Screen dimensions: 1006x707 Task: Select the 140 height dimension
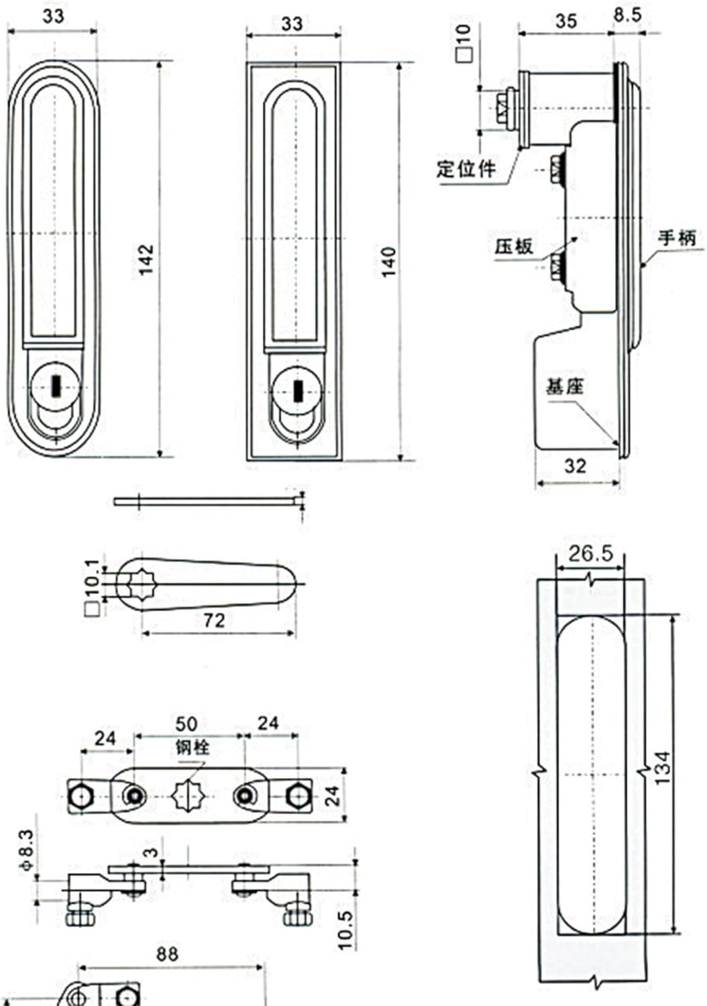pyautogui.click(x=388, y=262)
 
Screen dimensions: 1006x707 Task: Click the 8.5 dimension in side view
pyautogui.click(x=627, y=15)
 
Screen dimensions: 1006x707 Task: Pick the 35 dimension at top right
pyautogui.click(x=565, y=21)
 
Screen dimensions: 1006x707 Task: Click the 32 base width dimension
pyautogui.click(x=575, y=466)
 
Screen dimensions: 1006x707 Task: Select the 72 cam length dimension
pyautogui.click(x=213, y=620)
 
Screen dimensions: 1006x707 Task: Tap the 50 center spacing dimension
pyautogui.click(x=186, y=724)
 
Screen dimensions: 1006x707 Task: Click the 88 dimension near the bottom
pyautogui.click(x=167, y=954)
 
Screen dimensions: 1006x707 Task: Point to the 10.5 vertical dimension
pyautogui.click(x=345, y=930)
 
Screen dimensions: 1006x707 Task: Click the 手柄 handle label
pyautogui.click(x=676, y=238)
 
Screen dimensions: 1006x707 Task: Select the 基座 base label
pyautogui.click(x=564, y=387)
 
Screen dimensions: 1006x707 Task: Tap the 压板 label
pyautogui.click(x=514, y=247)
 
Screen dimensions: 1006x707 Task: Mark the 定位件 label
pyautogui.click(x=466, y=168)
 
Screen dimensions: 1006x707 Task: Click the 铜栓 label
pyautogui.click(x=193, y=746)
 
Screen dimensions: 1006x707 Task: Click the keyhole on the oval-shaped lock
pyautogui.click(x=56, y=386)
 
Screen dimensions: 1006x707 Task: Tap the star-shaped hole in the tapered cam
pyautogui.click(x=142, y=581)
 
